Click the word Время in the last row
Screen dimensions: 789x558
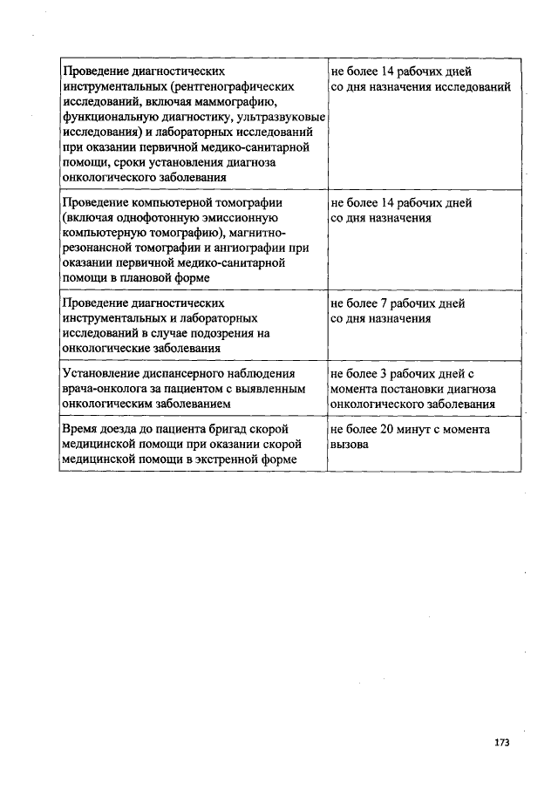click(80, 429)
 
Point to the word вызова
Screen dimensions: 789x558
click(349, 444)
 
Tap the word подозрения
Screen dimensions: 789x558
click(220, 333)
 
